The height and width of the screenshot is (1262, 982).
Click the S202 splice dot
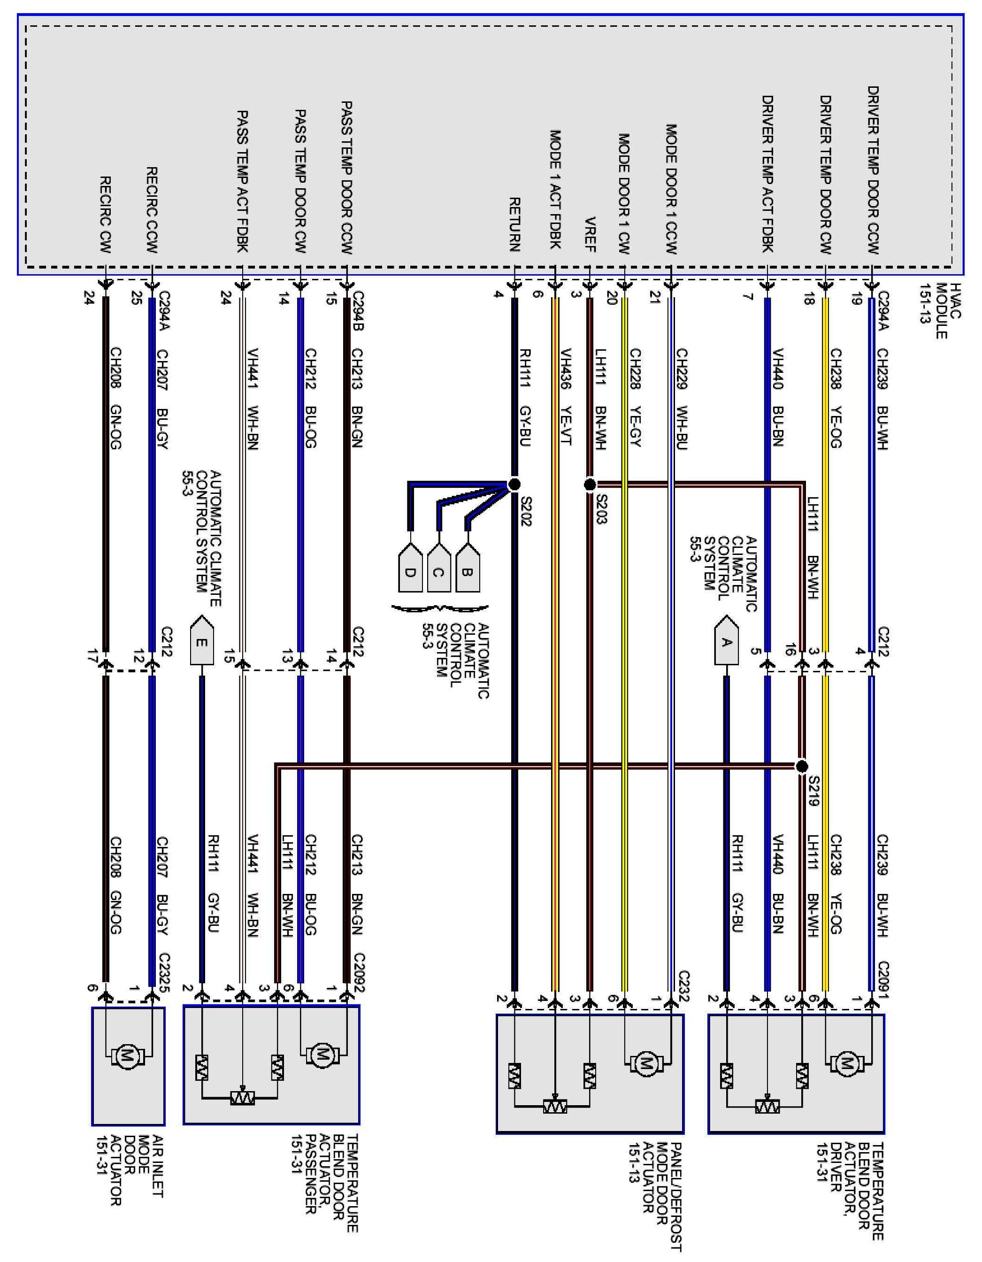tap(514, 484)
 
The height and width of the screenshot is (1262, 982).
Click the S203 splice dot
tap(590, 484)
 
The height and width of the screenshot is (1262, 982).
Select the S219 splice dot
tap(801, 766)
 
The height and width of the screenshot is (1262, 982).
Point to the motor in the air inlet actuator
tap(127, 1057)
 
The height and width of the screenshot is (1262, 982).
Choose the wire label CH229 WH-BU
tap(682, 399)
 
